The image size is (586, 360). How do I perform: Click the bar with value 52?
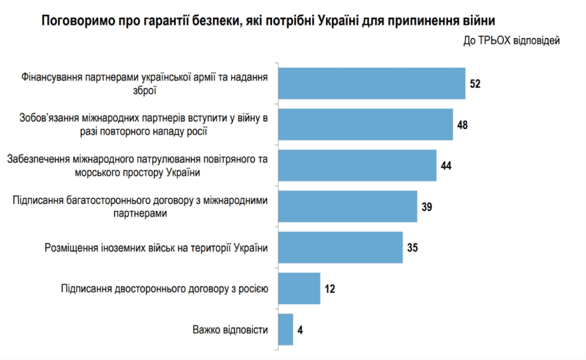point(372,83)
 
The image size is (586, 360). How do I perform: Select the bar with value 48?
point(365,124)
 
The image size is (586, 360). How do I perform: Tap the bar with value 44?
point(357,165)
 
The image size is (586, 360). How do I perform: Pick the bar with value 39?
point(348,206)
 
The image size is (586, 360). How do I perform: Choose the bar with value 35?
point(341,247)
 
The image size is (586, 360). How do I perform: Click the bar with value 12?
point(299,289)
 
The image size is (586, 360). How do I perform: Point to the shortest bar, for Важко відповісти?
point(285,329)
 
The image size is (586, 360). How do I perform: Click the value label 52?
point(475,84)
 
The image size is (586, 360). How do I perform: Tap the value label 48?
point(463,125)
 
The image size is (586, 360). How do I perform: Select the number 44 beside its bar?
point(446,166)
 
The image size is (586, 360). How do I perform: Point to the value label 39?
point(427,207)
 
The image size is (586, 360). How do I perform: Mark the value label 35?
point(412,248)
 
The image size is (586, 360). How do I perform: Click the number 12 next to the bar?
point(329,289)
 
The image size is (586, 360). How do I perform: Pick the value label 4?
point(300,330)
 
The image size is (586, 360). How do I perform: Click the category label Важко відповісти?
point(229,330)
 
